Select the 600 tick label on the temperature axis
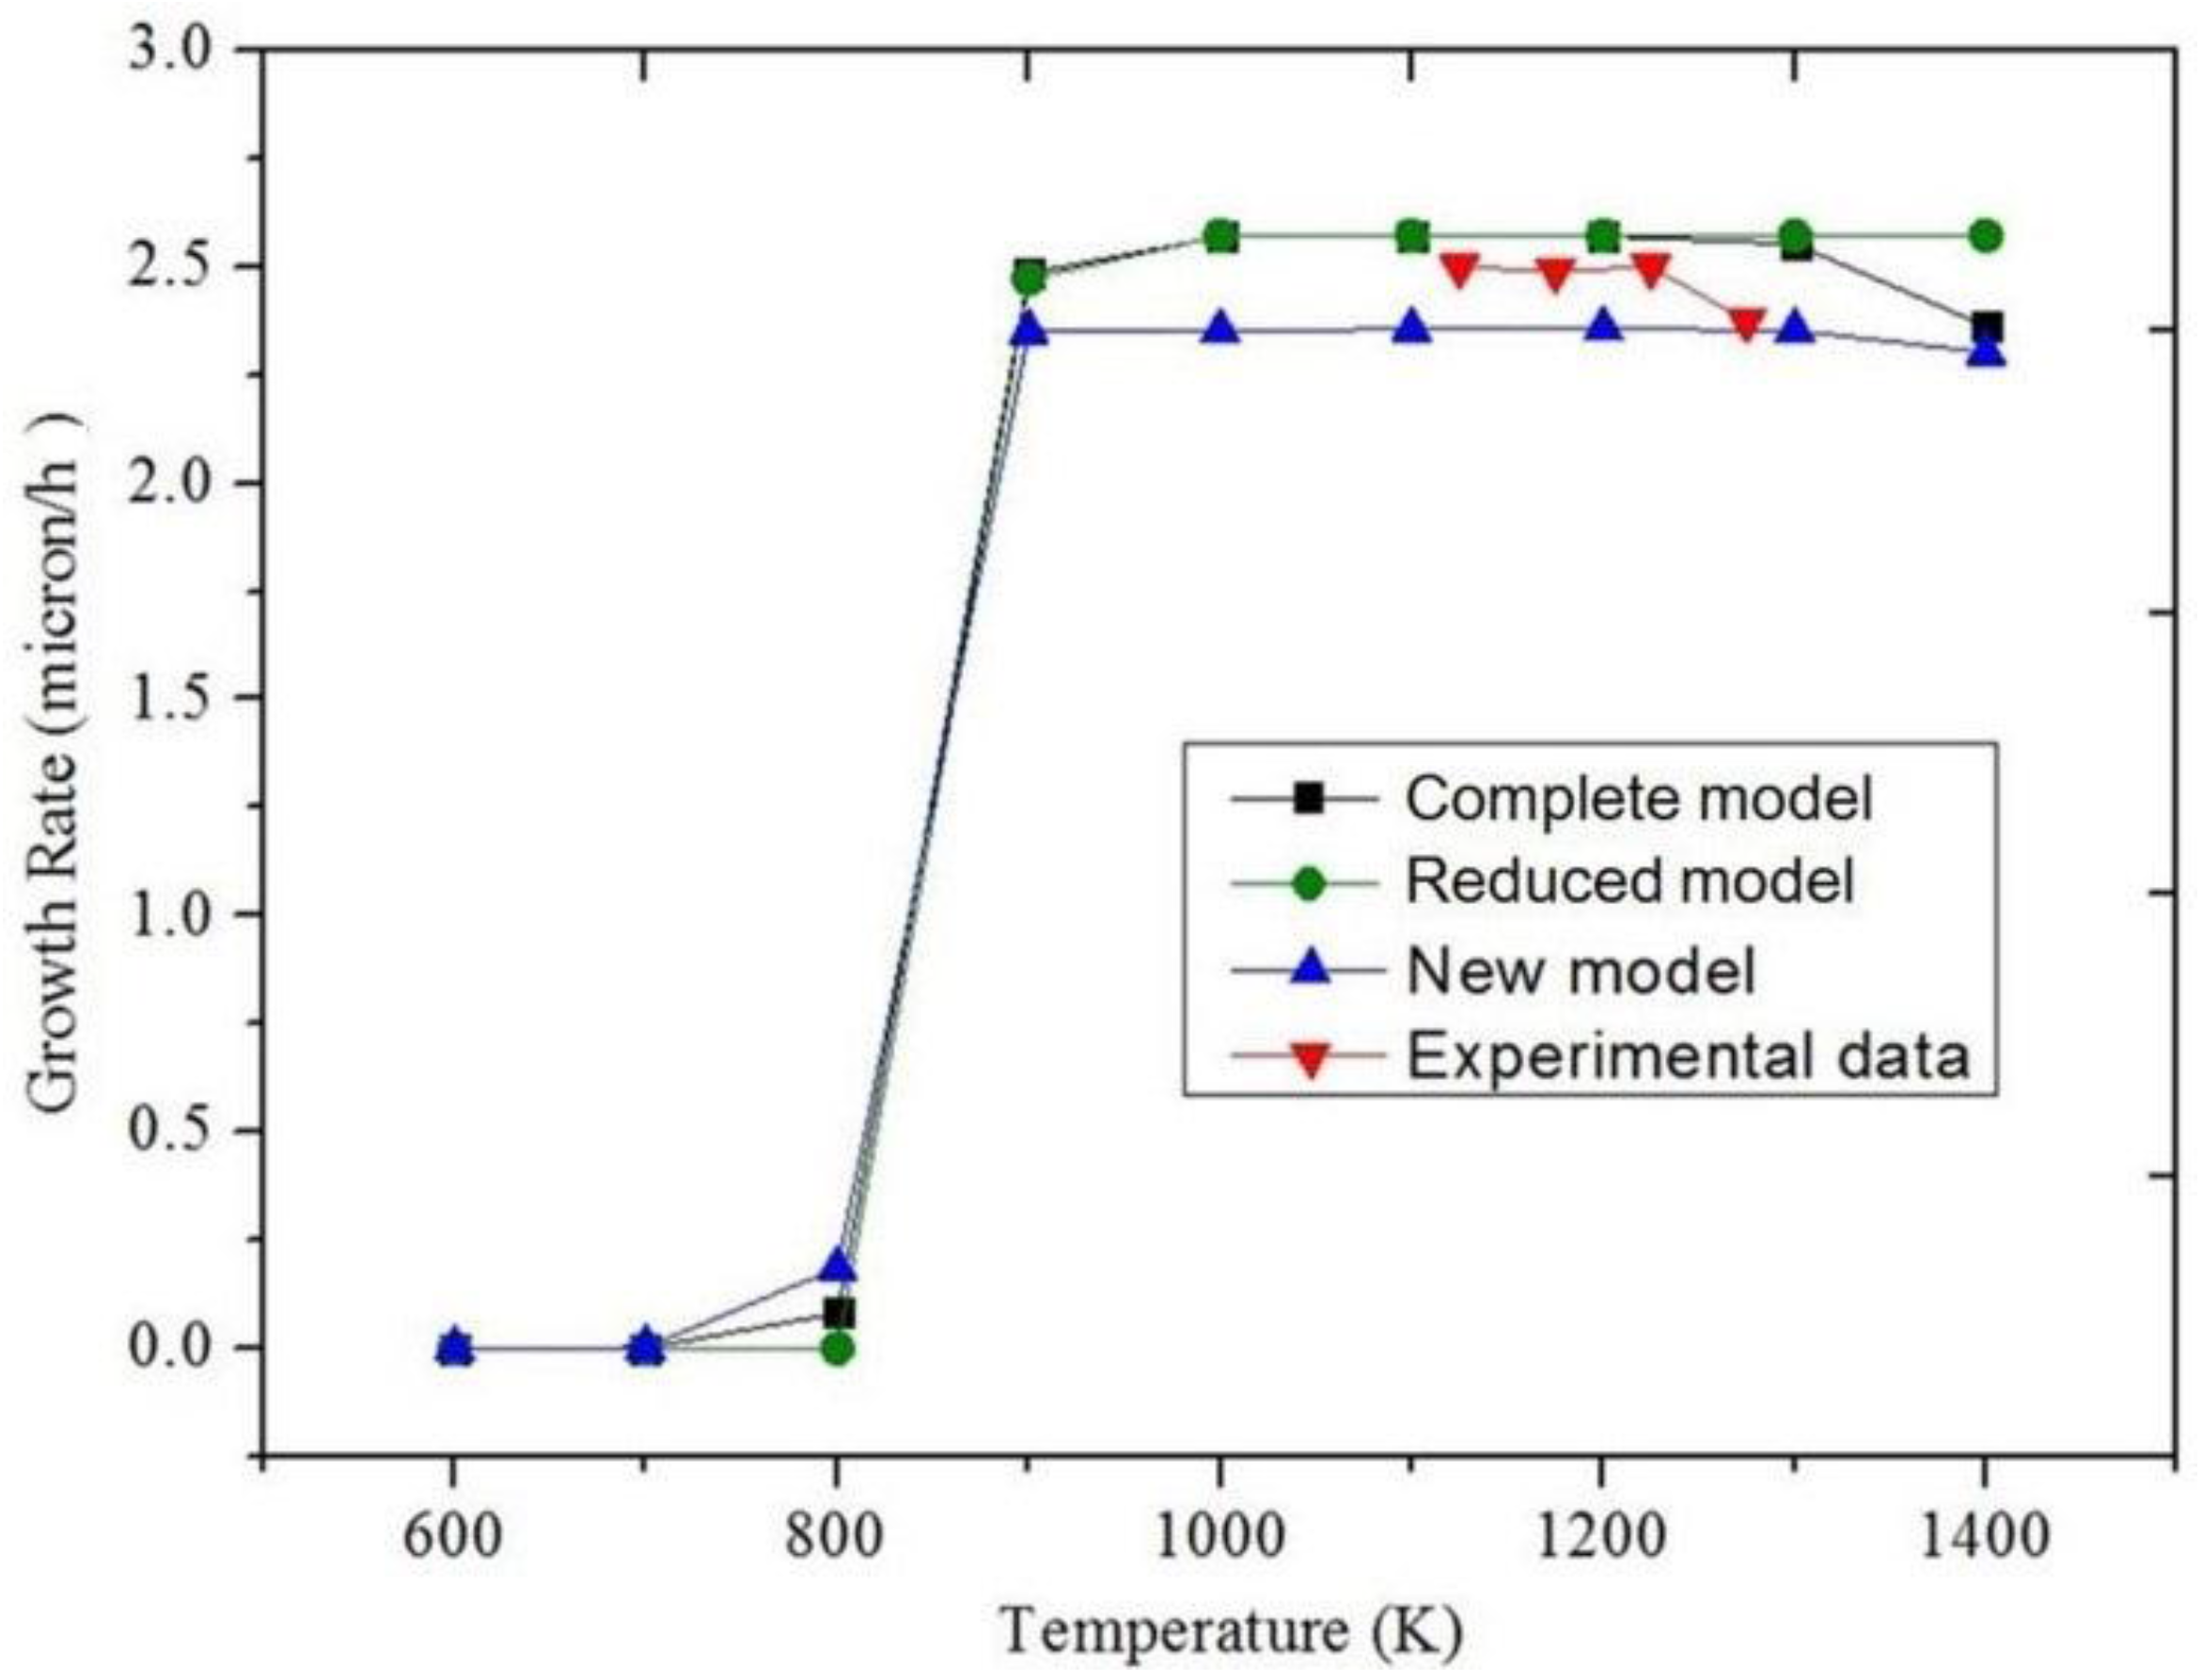453,1536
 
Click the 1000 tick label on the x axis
1219,1536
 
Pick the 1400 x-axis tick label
1984,1536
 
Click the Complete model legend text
1638,797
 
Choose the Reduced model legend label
1629,880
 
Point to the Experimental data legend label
1689,1055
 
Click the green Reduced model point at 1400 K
1985,236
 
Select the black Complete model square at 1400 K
1985,327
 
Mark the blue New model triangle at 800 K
839,1266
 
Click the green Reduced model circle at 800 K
839,1349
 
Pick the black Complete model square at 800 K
839,1312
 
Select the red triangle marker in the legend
1310,1059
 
